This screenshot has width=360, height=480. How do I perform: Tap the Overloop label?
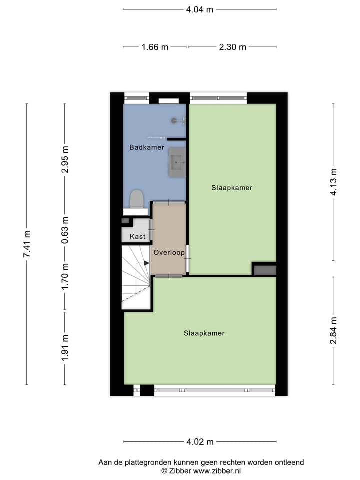169,253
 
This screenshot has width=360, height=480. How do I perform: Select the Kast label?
137,236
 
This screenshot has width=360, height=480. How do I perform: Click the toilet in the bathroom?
137,199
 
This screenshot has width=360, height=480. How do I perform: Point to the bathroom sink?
177,162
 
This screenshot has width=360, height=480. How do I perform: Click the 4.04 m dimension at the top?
199,9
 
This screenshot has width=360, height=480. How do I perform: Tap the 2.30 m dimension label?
232,47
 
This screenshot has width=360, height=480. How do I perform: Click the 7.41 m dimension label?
27,244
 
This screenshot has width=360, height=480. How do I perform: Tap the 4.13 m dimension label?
334,182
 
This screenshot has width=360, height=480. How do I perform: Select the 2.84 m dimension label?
334,331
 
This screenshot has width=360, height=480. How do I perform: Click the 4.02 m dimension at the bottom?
199,442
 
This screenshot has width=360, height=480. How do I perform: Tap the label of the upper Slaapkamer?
232,188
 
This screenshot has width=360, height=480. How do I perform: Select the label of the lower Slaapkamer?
204,333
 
